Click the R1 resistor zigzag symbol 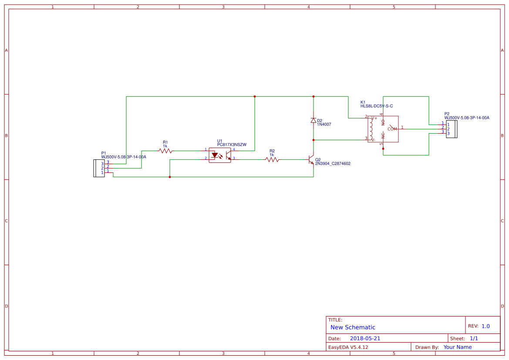pyautogui.click(x=165, y=151)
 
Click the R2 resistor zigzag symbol pyautogui.click(x=273, y=160)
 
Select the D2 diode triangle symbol pyautogui.click(x=313, y=120)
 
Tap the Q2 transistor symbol pyautogui.click(x=311, y=160)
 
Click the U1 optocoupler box pyautogui.click(x=220, y=155)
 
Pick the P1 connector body pyautogui.click(x=96, y=168)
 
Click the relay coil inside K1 pyautogui.click(x=371, y=129)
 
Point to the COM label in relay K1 pyautogui.click(x=392, y=129)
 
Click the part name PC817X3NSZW pyautogui.click(x=232, y=145)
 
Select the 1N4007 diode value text pyautogui.click(x=324, y=124)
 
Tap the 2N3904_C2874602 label pyautogui.click(x=333, y=164)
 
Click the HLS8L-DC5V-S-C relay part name pyautogui.click(x=377, y=106)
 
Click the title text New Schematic pyautogui.click(x=353, y=327)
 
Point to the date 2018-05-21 pyautogui.click(x=365, y=338)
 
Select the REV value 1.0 pyautogui.click(x=485, y=326)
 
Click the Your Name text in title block pyautogui.click(x=458, y=347)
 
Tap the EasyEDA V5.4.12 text pyautogui.click(x=348, y=347)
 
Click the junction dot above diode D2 pyautogui.click(x=313, y=96)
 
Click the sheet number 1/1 pyautogui.click(x=474, y=338)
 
